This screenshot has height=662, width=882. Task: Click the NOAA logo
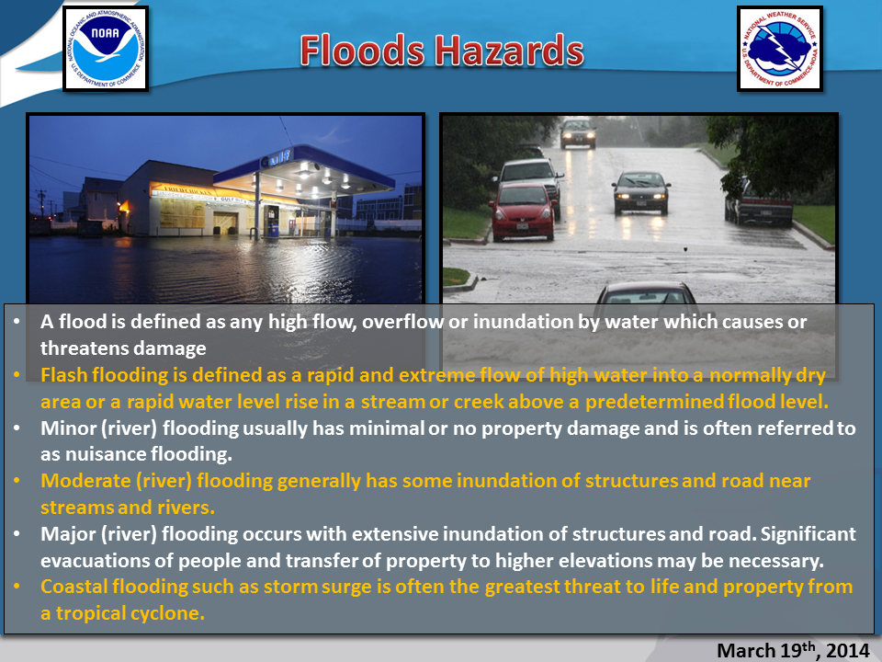pyautogui.click(x=106, y=49)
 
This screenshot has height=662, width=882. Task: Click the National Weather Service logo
pyautogui.click(x=780, y=49)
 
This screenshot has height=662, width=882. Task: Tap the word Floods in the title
pyautogui.click(x=362, y=50)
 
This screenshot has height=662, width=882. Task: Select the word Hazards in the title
pyautogui.click(x=509, y=50)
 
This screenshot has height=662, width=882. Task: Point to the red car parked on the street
pyautogui.click(x=523, y=211)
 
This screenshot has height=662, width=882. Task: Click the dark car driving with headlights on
pyautogui.click(x=640, y=192)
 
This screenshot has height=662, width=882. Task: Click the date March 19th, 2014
pyautogui.click(x=793, y=650)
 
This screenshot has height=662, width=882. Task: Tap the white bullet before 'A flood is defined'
pyautogui.click(x=17, y=322)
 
